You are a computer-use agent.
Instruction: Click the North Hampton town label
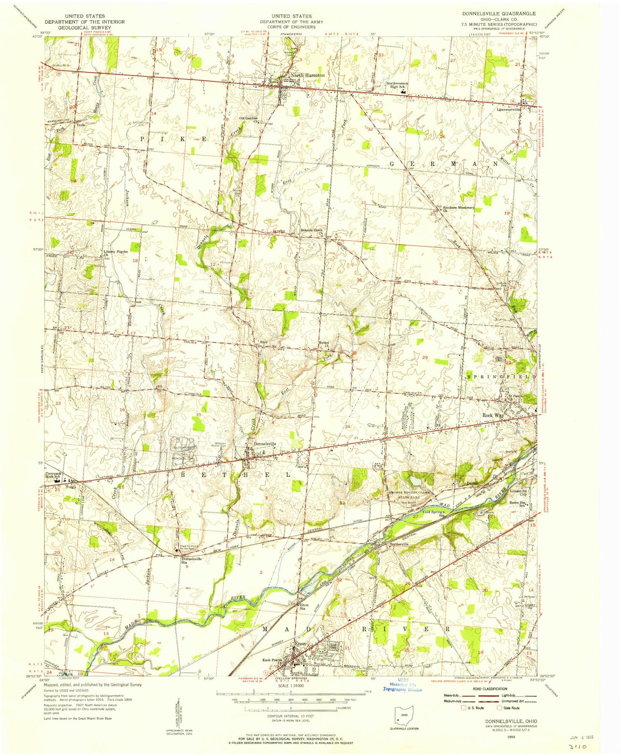tap(307, 75)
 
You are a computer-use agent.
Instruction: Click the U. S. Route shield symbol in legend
tap(463, 707)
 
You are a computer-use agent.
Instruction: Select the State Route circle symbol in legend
tap(500, 707)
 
